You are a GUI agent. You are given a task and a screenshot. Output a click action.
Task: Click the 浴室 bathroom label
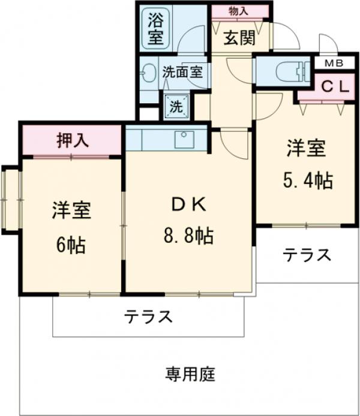[155, 27]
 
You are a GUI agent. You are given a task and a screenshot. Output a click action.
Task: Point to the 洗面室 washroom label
[182, 72]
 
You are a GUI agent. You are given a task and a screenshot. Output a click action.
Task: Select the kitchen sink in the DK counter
[183, 139]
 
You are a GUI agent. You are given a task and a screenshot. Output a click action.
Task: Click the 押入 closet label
[73, 140]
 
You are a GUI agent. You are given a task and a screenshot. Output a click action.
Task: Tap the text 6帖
[71, 245]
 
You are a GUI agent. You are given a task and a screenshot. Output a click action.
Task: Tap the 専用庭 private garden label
[190, 375]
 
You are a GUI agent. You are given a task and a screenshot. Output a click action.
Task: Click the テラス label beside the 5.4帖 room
[307, 255]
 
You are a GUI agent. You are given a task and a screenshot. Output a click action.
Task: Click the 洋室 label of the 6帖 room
[71, 211]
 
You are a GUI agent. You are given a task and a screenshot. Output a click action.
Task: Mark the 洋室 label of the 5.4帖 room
[306, 147]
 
